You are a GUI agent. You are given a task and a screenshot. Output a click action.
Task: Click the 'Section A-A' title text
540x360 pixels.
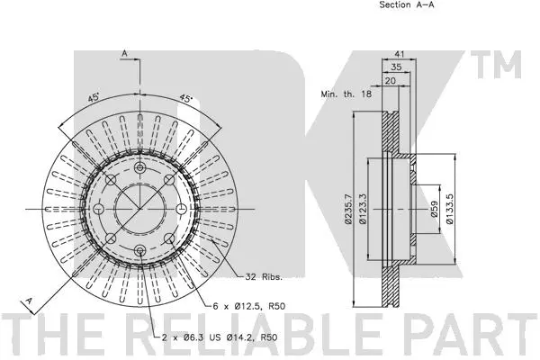click(x=406, y=5)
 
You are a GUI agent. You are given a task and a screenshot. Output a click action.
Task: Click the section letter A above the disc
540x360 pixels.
click(x=123, y=54)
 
